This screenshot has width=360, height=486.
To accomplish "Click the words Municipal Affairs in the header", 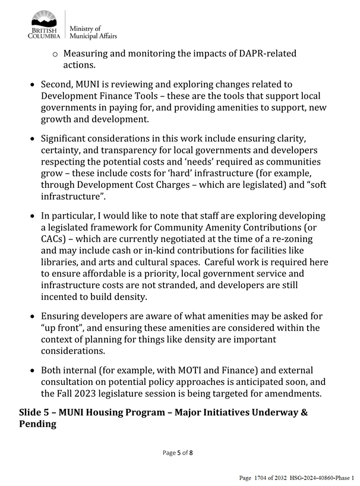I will click(x=93, y=36).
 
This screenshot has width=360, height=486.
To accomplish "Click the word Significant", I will click(x=68, y=140).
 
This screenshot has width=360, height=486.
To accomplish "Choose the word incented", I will click(x=61, y=296).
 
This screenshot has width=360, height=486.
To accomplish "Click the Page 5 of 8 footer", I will click(x=178, y=453).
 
